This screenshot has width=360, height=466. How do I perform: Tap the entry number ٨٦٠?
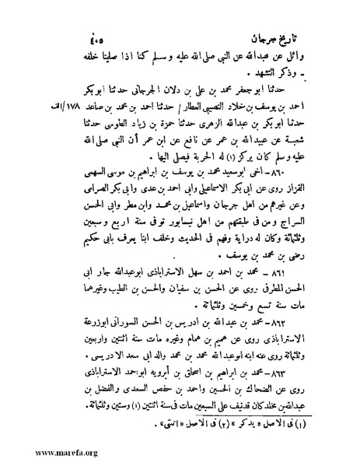(x=310, y=192)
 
